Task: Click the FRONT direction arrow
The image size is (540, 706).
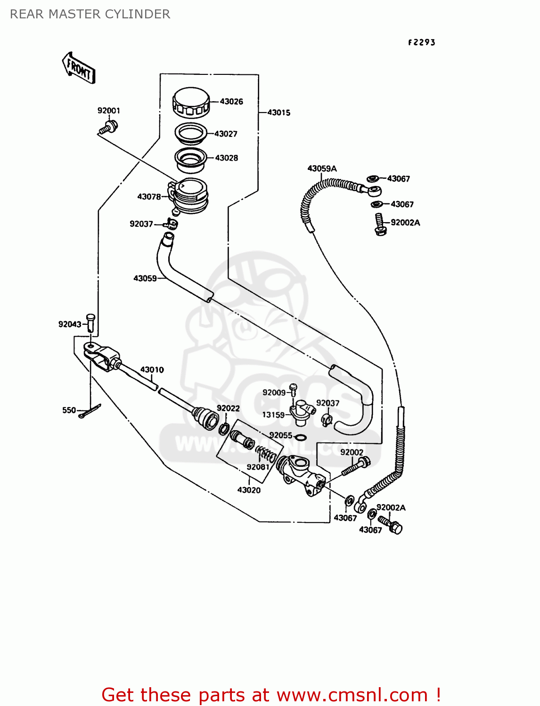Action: pos(79,68)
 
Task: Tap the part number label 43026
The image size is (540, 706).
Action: pos(231,102)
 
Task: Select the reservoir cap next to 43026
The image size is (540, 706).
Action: pos(191,102)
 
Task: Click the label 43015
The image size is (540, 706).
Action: pos(278,113)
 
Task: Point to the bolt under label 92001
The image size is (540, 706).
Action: pos(110,127)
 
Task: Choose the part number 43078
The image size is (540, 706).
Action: pos(149,197)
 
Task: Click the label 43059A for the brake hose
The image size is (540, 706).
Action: pos(322,168)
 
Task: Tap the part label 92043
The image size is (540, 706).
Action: pos(70,324)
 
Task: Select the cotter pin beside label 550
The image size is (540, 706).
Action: pos(90,412)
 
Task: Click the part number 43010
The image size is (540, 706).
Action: pos(152,370)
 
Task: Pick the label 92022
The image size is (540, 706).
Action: pos(228,409)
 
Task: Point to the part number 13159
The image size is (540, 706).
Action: pos(273,415)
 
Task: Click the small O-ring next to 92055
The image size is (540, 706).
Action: pos(300,438)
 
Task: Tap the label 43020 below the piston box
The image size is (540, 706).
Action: pos(249,490)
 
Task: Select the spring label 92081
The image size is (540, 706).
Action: pos(258,467)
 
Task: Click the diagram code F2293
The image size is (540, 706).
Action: pos(421,43)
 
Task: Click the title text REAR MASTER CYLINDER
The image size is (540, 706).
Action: pos(90,15)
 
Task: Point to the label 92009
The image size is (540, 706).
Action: pos(274,393)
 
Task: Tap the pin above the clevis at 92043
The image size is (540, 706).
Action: pos(90,322)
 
